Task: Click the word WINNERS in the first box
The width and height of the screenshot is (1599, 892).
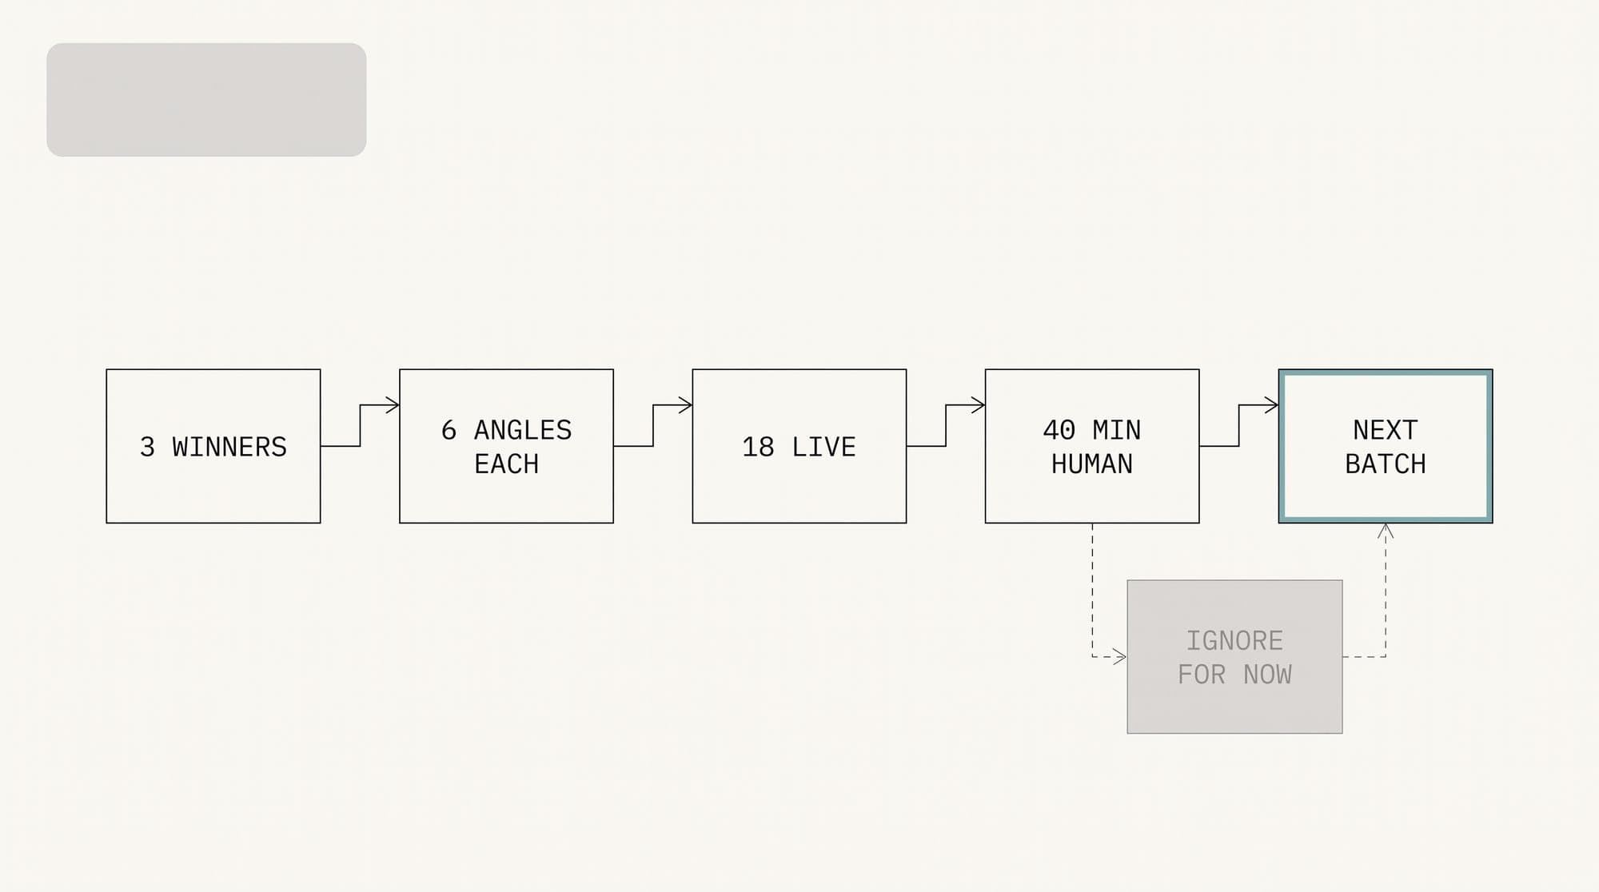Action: tap(229, 447)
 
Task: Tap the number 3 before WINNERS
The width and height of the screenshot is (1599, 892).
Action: tap(147, 447)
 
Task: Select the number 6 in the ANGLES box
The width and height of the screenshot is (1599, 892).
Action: tap(449, 430)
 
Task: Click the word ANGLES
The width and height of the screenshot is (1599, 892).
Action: tap(523, 430)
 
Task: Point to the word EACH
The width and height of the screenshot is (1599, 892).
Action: tap(506, 464)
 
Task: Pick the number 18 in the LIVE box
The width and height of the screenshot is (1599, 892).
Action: tap(758, 447)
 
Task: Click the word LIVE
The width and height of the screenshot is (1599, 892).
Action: tap(823, 447)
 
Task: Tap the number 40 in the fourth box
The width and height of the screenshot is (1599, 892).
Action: tap(1059, 430)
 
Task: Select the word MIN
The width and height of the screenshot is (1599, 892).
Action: tap(1117, 430)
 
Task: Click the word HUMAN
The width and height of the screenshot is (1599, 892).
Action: tap(1092, 464)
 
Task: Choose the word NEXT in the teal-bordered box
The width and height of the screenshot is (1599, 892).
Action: tap(1386, 430)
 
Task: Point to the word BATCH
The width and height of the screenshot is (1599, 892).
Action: tap(1386, 464)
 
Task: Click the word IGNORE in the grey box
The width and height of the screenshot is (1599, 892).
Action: tap(1234, 641)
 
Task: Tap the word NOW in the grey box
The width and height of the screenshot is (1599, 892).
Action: tap(1267, 675)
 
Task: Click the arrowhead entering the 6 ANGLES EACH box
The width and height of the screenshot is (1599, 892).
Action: tap(393, 405)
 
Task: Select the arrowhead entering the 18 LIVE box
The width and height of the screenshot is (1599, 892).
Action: tap(685, 405)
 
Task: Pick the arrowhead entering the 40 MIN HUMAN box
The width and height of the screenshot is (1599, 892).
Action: tap(978, 405)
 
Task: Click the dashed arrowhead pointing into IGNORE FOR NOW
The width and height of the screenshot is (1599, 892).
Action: tap(1120, 657)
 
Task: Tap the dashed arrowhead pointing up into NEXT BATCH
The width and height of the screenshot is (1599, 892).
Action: tap(1386, 531)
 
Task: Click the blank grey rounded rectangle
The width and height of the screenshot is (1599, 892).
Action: tap(206, 100)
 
